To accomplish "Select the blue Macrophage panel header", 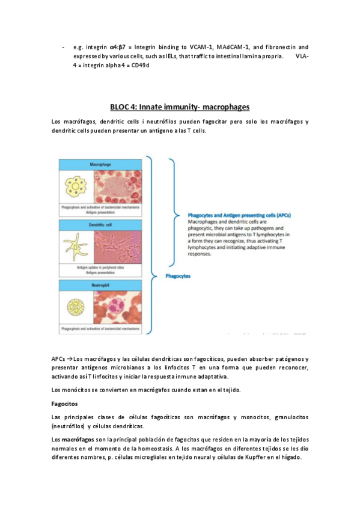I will click(x=100, y=164).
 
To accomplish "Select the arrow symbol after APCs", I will click(x=70, y=359).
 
